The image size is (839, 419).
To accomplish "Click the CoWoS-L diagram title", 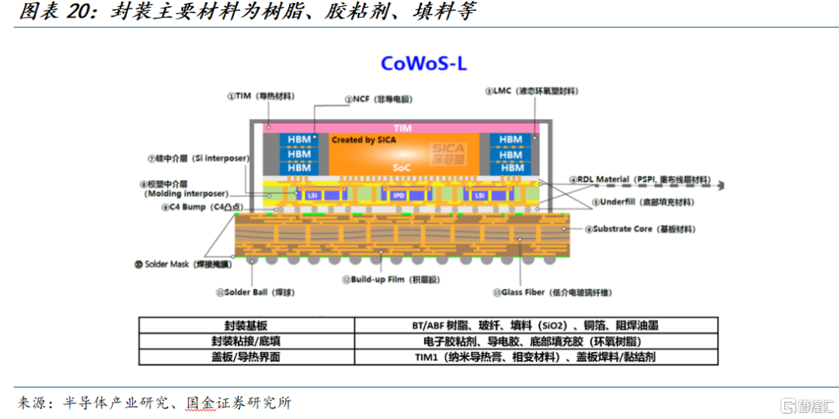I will point(423,63).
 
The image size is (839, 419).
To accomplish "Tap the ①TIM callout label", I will point(260,96).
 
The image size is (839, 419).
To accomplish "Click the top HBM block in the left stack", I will point(299,140).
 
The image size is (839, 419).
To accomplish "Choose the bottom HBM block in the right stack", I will point(510,167).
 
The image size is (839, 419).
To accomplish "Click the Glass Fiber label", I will point(552,292).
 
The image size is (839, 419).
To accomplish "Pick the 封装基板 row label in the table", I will point(246,326).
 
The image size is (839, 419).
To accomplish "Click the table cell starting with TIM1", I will point(535,357).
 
